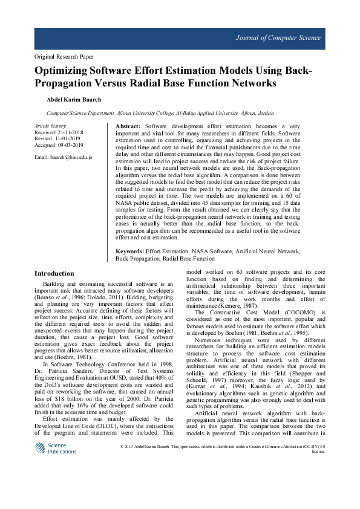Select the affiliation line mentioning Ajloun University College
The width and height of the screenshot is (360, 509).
click(x=160, y=113)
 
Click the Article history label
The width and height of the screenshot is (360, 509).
click(x=50, y=125)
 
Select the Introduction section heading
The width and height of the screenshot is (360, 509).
click(x=54, y=273)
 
